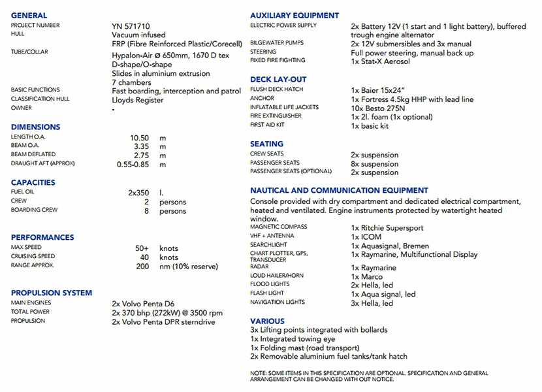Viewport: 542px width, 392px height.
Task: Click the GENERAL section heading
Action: click(29, 15)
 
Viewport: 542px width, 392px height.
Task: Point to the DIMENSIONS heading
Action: click(35, 127)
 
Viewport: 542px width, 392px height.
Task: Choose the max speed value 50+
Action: click(142, 248)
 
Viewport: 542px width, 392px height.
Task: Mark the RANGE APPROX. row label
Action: click(33, 265)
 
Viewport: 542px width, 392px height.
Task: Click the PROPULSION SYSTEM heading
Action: click(52, 293)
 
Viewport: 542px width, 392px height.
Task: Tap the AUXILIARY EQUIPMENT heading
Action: click(295, 15)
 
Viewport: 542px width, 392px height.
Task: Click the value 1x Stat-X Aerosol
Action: click(380, 61)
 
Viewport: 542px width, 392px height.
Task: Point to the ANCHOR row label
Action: click(262, 99)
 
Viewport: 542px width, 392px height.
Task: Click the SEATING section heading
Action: click(266, 144)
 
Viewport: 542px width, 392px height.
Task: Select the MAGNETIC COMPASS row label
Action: click(278, 227)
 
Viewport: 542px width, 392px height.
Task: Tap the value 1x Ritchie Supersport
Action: click(387, 228)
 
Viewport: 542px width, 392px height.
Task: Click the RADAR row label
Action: click(260, 267)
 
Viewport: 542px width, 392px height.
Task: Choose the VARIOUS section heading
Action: click(267, 321)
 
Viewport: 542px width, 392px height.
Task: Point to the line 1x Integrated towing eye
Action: click(293, 339)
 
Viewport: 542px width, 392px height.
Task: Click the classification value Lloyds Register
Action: click(138, 100)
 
